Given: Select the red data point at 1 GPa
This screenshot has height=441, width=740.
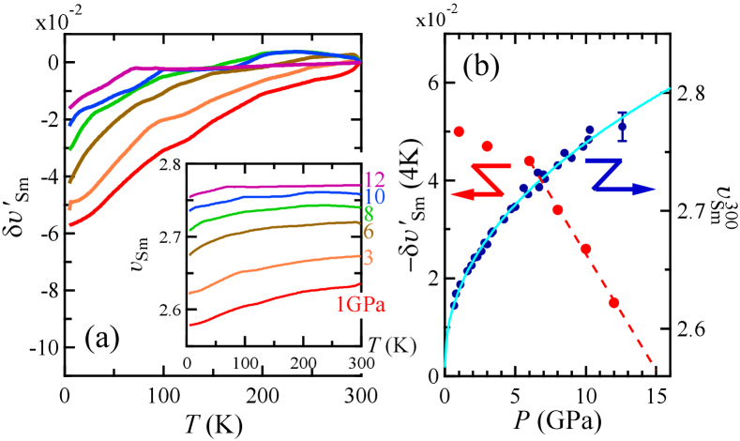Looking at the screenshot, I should coord(459,131).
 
